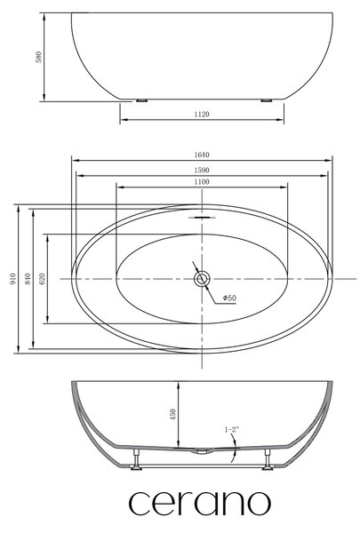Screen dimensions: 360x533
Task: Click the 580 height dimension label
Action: pos(39,57)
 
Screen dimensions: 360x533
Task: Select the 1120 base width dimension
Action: pos(202,115)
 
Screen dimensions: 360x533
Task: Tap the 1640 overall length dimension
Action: pos(202,155)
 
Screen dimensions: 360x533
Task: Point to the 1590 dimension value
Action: pos(202,171)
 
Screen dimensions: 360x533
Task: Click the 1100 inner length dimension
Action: pos(202,182)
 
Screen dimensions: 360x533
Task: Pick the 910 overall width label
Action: pos(13,279)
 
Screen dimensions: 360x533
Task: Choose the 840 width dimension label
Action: pos(28,279)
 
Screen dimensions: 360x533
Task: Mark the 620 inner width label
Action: pos(43,279)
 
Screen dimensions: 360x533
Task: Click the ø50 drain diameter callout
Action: pos(229,298)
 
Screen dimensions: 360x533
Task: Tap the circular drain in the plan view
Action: pos(202,279)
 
